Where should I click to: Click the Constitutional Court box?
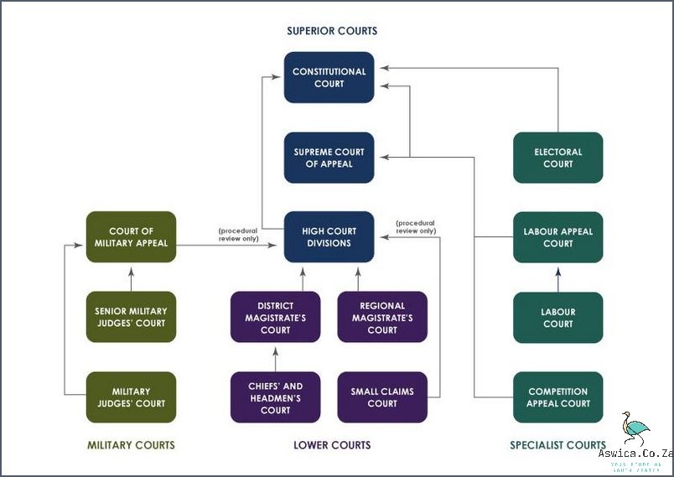[329, 77]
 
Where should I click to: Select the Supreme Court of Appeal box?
[329, 158]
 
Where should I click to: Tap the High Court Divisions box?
[329, 237]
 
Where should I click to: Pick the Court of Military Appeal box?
[131, 237]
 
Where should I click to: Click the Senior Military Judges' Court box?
[131, 317]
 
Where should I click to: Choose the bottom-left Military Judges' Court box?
[131, 397]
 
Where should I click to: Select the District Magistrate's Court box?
[275, 317]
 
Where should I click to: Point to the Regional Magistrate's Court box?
[382, 317]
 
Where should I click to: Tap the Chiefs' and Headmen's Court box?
[275, 397]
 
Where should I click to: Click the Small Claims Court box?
[382, 397]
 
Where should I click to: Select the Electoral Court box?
[557, 158]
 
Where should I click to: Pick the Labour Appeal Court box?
[557, 237]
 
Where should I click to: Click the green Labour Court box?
[557, 317]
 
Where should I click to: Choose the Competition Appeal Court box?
[557, 397]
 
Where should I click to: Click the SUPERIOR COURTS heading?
[332, 31]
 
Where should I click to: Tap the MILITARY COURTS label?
[131, 445]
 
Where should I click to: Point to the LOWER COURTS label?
[332, 445]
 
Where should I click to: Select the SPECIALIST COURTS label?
[557, 445]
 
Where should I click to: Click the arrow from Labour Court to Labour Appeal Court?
[557, 277]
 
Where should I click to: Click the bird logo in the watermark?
[635, 428]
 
